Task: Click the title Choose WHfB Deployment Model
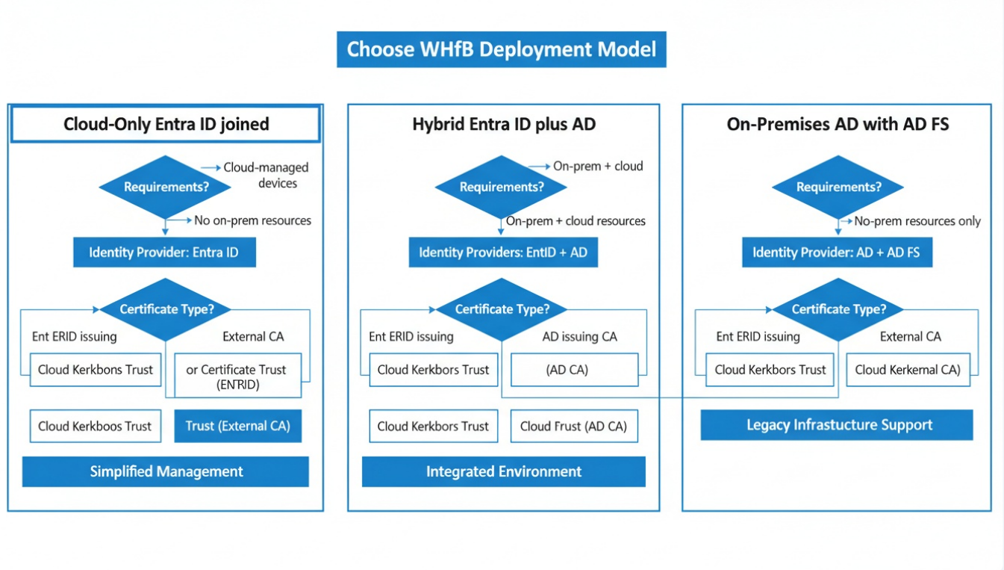point(501,49)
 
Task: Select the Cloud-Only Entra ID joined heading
point(166,124)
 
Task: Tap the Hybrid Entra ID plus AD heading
point(504,124)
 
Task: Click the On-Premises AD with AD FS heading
point(838,124)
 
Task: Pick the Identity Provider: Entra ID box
point(164,253)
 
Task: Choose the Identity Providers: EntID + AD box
point(503,253)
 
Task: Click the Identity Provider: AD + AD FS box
point(836,253)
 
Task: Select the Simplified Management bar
point(166,471)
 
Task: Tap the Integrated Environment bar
point(503,471)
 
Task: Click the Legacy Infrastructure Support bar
point(837,425)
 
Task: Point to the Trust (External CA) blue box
point(237,426)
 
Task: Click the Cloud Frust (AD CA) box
point(574,426)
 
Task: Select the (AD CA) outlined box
point(574,370)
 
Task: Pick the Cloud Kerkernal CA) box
point(908,370)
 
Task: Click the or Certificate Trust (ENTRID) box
point(237,376)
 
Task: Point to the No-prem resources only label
point(917,221)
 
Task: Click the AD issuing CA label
point(579,337)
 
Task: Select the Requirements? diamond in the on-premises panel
point(838,187)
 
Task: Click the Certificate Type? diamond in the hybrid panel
point(502,309)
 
